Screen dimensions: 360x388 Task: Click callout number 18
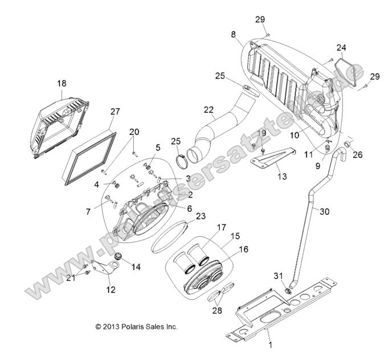tap(62, 83)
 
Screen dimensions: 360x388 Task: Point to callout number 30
tap(324, 211)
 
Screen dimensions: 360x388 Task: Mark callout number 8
tap(233, 35)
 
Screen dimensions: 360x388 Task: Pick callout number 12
tap(111, 289)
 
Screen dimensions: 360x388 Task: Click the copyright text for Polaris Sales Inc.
tap(137, 327)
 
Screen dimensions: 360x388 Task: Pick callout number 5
tap(158, 147)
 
